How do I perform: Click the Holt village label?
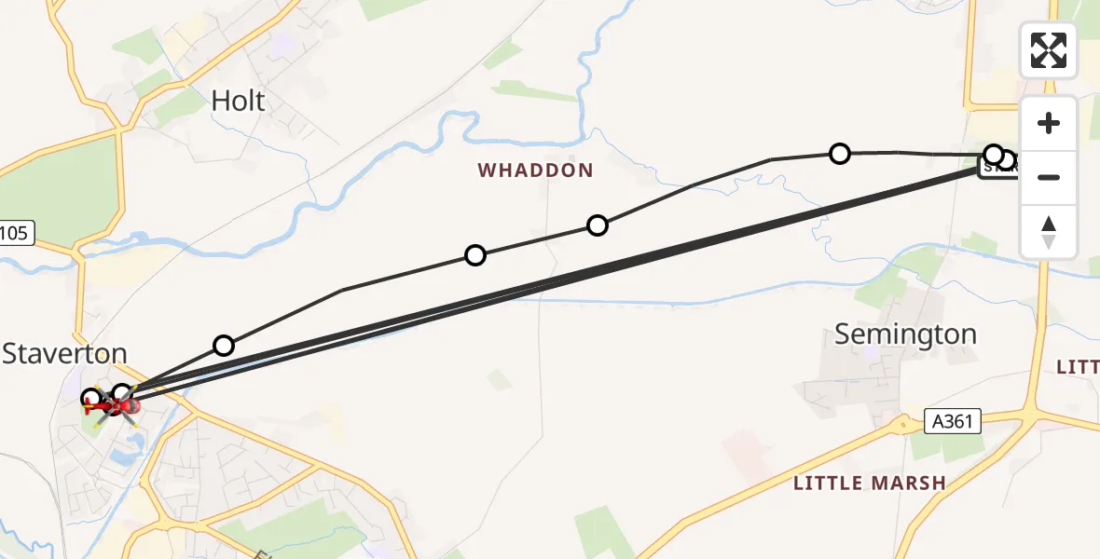pyautogui.click(x=239, y=101)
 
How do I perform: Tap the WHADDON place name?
pyautogui.click(x=535, y=170)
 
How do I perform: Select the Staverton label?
pyautogui.click(x=64, y=353)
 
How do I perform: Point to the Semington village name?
pyautogui.click(x=905, y=334)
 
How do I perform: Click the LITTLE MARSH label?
pyautogui.click(x=869, y=483)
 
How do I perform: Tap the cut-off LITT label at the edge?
pyautogui.click(x=1078, y=368)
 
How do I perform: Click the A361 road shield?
pyautogui.click(x=953, y=422)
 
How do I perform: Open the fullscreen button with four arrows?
pyautogui.click(x=1049, y=50)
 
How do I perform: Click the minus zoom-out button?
pyautogui.click(x=1049, y=177)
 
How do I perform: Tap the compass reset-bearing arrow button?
pyautogui.click(x=1049, y=232)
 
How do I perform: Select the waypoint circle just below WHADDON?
pyautogui.click(x=598, y=225)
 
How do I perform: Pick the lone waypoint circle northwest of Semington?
pyautogui.click(x=840, y=153)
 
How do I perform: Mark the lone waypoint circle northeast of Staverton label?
pyautogui.click(x=224, y=346)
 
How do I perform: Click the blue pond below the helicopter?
pyautogui.click(x=124, y=457)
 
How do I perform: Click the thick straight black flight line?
pyautogui.click(x=559, y=279)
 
